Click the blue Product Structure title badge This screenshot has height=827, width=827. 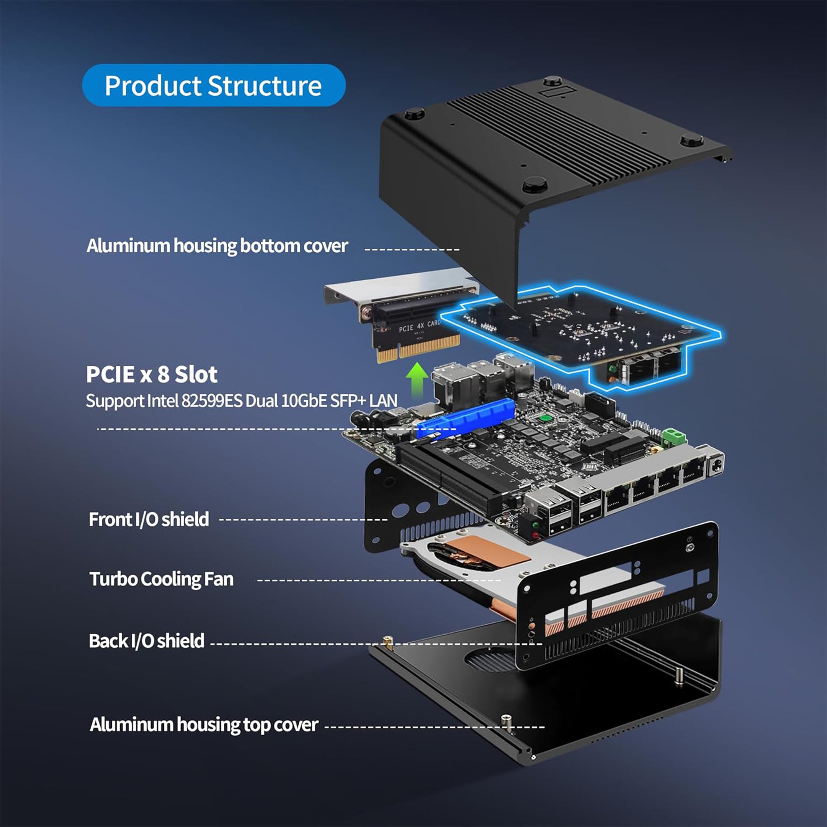(213, 85)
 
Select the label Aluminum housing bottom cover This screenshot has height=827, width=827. (217, 246)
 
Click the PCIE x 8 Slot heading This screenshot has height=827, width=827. (151, 374)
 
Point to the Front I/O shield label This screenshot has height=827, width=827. (148, 519)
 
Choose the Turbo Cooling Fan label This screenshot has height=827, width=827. (161, 579)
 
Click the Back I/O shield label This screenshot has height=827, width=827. (146, 641)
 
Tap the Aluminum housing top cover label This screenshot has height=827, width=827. (204, 725)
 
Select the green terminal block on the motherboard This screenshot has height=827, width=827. (673, 437)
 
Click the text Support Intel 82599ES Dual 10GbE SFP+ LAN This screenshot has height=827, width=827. (241, 401)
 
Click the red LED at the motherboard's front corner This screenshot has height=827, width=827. (535, 535)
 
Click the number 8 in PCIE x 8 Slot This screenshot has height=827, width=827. (163, 375)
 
